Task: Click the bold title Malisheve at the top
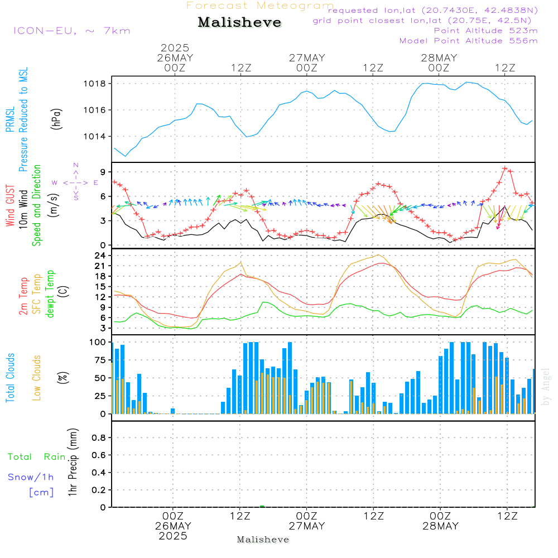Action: tap(239, 23)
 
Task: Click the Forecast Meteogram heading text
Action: tap(259, 6)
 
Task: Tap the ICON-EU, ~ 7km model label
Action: tap(71, 31)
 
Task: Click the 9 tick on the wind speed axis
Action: tap(103, 171)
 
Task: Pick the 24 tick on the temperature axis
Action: tap(101, 256)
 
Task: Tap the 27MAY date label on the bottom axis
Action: tap(307, 526)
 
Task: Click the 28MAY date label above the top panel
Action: tap(439, 58)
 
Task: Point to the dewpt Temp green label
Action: tap(51, 294)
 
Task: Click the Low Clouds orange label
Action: tap(37, 378)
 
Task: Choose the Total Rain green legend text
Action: tap(37, 457)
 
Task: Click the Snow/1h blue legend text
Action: tap(31, 477)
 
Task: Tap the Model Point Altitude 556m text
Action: tap(469, 41)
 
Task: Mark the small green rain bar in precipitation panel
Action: tap(262, 506)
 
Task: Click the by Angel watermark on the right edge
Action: tap(546, 387)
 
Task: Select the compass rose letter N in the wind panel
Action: tap(76, 165)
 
